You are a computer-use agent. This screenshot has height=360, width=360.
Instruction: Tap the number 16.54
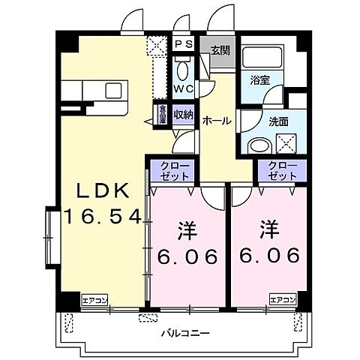tap(102, 217)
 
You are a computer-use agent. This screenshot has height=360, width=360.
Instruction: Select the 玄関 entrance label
tap(220, 51)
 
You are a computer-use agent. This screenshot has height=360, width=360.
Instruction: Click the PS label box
tap(184, 44)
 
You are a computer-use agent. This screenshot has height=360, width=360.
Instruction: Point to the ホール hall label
tap(216, 120)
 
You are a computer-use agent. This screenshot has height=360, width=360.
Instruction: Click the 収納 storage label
tap(184, 115)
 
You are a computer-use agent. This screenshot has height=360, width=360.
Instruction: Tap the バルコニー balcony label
tap(184, 331)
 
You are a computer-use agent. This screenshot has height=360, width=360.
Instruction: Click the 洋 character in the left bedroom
tap(186, 227)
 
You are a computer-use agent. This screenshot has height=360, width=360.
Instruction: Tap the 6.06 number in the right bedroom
tap(268, 255)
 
